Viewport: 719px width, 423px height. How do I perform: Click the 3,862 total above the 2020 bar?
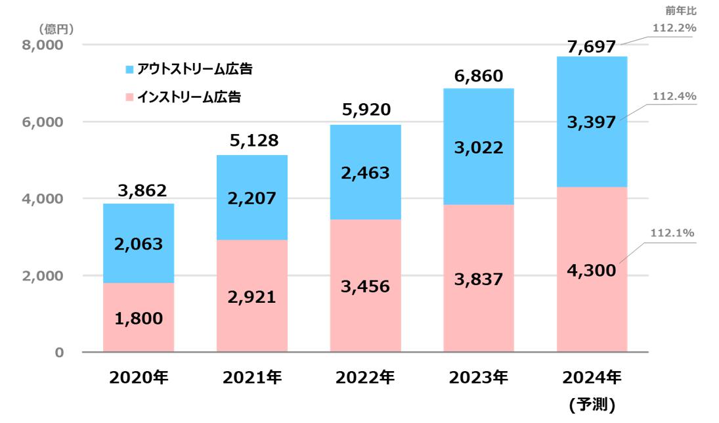pos(138,191)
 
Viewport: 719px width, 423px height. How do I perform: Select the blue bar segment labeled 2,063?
pos(138,244)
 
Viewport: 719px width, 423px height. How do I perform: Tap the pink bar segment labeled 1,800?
pos(138,319)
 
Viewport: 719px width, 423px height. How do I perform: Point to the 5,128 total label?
pos(251,140)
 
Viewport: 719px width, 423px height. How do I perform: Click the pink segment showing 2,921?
pos(251,297)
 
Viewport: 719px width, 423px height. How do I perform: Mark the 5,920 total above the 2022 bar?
pos(365,110)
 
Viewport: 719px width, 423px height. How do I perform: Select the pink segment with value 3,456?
pos(365,286)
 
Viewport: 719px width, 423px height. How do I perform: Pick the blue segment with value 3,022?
pos(478,148)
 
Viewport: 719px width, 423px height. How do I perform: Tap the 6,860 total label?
pos(478,76)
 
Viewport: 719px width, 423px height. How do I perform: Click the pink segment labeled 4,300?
pos(592,269)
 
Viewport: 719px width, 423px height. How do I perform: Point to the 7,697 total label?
pos(592,46)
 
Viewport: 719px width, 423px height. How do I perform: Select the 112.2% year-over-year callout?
pos(673,28)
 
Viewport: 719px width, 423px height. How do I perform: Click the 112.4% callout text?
pos(673,97)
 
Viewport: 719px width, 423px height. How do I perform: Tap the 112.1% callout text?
pos(673,233)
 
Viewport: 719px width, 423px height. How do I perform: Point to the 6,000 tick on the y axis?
pos(45,122)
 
